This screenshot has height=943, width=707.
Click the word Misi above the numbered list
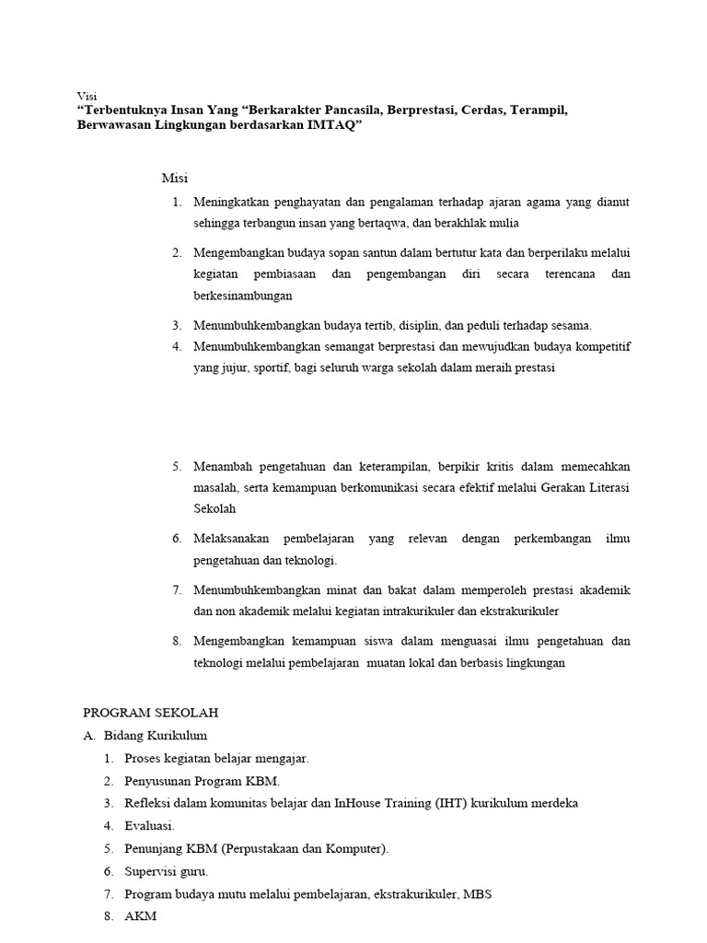[175, 178]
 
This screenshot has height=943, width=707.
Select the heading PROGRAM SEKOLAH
[150, 713]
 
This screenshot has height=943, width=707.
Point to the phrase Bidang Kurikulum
[156, 735]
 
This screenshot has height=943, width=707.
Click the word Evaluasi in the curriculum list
[148, 825]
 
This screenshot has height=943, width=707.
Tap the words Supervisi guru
[166, 870]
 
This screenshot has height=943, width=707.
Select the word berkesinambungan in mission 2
[242, 296]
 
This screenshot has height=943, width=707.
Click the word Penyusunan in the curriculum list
[158, 780]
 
